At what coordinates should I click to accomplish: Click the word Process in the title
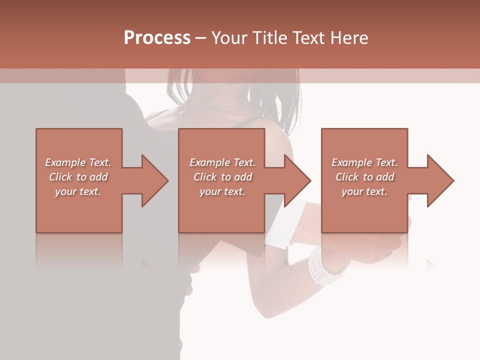click(x=157, y=38)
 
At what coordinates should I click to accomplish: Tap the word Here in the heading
click(x=348, y=38)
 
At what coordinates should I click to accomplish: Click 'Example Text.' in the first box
click(x=78, y=162)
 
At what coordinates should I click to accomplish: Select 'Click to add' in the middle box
click(x=222, y=177)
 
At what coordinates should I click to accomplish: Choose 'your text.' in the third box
click(x=364, y=191)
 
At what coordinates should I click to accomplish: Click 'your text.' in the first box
click(x=78, y=191)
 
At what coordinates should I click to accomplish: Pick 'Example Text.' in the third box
click(x=364, y=162)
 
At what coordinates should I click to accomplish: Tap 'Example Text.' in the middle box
click(x=222, y=162)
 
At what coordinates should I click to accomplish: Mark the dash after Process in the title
click(x=201, y=38)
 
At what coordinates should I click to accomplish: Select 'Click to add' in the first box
click(x=78, y=177)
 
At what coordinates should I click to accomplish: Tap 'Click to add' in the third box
click(x=364, y=177)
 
